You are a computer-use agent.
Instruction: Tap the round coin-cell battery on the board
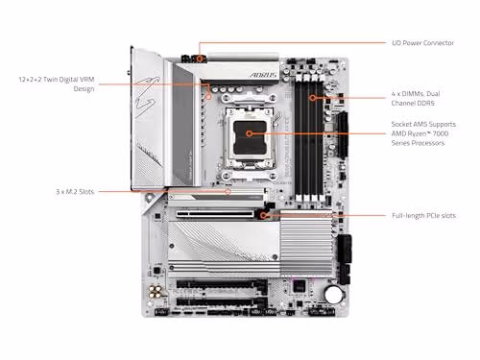coord(332,296)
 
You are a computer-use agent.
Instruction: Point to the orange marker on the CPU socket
coord(250,135)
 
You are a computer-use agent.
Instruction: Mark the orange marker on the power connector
coord(200,57)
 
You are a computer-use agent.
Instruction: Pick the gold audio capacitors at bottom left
coord(155,290)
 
